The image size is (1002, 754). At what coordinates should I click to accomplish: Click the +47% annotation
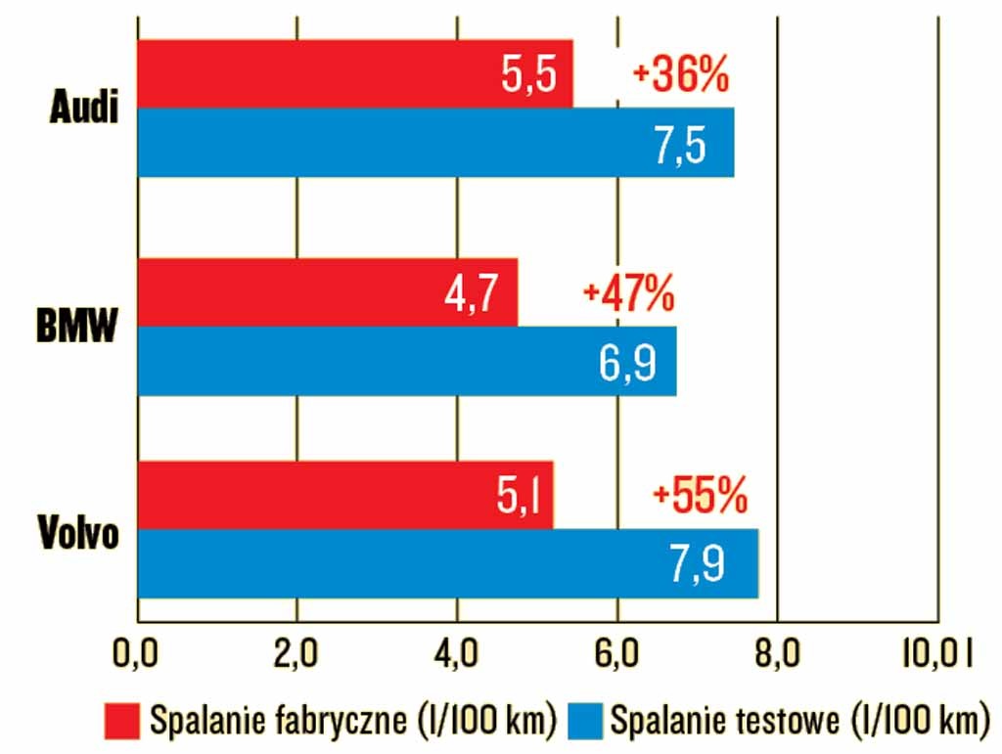(628, 293)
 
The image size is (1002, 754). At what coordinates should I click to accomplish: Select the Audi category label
(83, 108)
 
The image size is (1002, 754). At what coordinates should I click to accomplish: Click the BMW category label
(76, 327)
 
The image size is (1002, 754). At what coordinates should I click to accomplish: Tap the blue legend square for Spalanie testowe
(584, 719)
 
